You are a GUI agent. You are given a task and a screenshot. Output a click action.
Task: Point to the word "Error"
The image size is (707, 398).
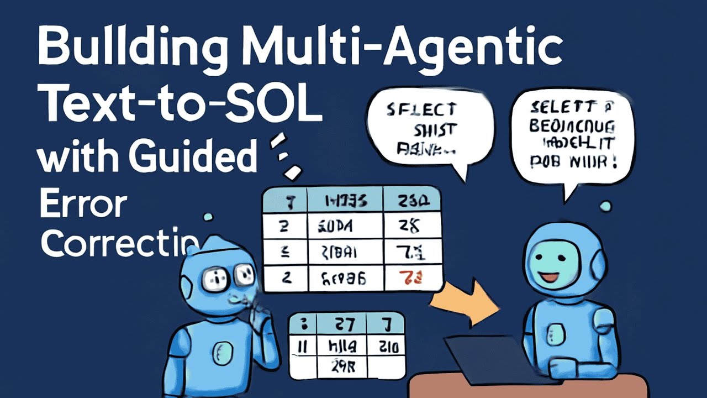coord(83,205)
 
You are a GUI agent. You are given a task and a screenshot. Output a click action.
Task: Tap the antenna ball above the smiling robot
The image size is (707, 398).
coord(605,207)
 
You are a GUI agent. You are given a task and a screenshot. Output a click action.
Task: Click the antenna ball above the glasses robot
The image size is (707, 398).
coord(208,217)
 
